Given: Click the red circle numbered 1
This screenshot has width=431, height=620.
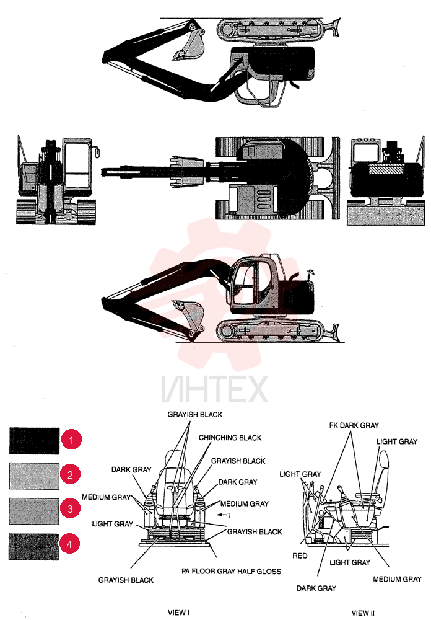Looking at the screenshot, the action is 71,440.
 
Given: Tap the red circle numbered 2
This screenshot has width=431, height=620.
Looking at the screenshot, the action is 71,474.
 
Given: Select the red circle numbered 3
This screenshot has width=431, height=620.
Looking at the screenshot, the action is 70,508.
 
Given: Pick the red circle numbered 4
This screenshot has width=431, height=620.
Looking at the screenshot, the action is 69,544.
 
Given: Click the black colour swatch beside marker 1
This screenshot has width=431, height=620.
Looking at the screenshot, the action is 35,440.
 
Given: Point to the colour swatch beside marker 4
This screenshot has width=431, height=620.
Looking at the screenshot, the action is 33,547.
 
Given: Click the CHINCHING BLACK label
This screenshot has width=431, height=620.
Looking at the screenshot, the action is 230,438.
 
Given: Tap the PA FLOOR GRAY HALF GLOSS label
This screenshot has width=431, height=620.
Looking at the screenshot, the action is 231,571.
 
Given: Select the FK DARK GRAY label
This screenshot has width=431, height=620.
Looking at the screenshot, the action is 354,425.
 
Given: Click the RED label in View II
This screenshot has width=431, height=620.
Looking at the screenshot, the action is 300,556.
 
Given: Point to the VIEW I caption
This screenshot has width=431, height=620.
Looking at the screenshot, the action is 178,613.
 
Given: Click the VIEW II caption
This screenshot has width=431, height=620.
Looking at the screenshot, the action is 363,613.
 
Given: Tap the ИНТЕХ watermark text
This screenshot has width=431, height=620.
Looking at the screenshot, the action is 214,389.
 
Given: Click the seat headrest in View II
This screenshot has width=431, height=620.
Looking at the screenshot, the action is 383,463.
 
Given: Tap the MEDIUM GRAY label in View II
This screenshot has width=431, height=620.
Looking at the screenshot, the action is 397,579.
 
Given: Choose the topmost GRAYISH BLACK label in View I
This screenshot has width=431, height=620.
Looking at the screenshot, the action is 195,414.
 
